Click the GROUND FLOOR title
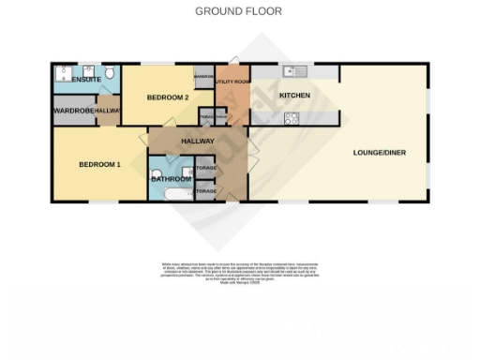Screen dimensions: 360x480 tap(238, 11)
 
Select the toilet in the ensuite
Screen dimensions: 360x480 tap(109, 73)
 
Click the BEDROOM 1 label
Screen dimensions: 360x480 tap(99, 164)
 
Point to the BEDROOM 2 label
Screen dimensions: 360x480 tap(170, 97)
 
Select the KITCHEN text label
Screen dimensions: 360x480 tap(294, 96)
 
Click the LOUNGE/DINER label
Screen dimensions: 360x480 tap(379, 152)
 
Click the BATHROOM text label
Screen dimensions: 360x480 tap(172, 178)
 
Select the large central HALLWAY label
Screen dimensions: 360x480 tap(197, 142)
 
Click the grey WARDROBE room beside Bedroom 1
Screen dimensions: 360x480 tap(71, 110)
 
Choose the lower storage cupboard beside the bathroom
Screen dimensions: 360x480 tap(205, 190)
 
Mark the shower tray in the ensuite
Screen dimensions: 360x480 tap(64, 73)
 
